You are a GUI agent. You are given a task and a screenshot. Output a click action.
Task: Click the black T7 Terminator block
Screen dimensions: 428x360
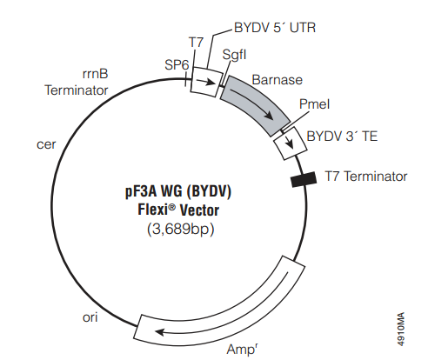coord(304,179)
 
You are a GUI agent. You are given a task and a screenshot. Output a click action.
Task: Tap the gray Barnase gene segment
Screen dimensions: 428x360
coord(255,104)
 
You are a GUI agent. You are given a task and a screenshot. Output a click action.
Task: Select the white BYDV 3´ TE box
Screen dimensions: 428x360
coord(291,143)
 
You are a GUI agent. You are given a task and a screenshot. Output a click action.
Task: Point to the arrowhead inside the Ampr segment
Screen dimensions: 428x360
coord(160,332)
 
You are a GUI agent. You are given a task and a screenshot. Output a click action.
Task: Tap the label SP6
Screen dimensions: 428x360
coord(177,64)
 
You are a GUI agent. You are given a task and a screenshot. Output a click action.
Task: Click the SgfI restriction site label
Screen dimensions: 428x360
coord(234,55)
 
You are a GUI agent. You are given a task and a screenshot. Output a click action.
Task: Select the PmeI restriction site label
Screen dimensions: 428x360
coord(315,104)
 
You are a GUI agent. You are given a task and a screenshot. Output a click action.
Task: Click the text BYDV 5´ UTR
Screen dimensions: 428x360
coord(275,28)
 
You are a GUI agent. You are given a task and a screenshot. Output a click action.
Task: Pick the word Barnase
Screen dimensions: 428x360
coord(278,80)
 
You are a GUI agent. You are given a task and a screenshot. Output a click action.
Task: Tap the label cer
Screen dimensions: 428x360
coord(46,144)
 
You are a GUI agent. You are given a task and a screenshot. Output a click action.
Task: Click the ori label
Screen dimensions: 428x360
coord(90,317)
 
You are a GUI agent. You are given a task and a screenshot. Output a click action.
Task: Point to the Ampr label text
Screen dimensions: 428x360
coord(242,349)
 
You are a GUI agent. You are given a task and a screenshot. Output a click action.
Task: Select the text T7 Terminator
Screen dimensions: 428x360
coord(366,177)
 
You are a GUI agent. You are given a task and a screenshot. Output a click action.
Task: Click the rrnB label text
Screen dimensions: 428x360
coord(95,74)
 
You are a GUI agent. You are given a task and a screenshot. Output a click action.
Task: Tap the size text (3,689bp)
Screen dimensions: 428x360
coord(181,230)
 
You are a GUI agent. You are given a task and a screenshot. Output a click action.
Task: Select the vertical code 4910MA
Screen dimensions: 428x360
coord(400,329)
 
